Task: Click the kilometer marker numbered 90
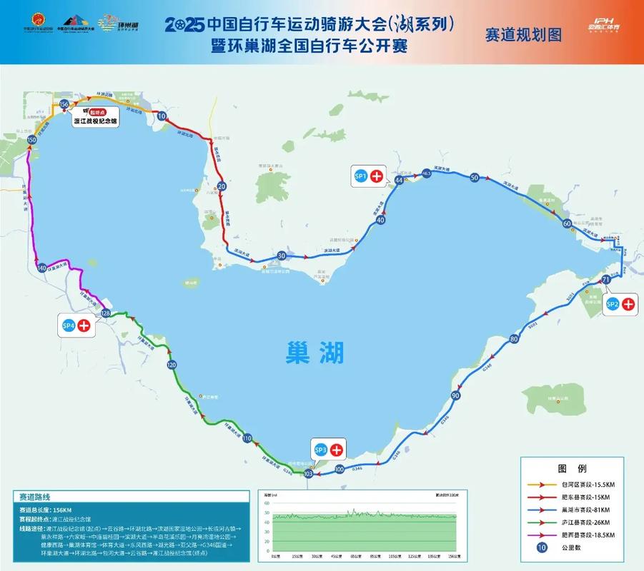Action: pos(455,395)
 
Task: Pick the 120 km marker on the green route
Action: pos(172,365)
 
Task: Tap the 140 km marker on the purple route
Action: pos(41,268)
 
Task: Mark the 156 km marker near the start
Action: pos(64,104)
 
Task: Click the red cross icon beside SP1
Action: pos(376,176)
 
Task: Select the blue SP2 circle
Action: pos(612,304)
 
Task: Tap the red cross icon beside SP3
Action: pos(335,450)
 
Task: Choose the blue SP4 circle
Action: pos(69,326)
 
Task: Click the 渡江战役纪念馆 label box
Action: pos(96,121)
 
